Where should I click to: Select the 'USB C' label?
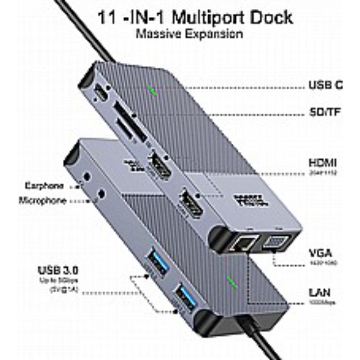click(325, 85)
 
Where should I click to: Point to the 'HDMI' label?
click(322, 163)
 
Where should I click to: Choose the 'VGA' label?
click(320, 253)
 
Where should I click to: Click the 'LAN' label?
click(319, 293)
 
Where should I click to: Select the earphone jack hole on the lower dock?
click(89, 178)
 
